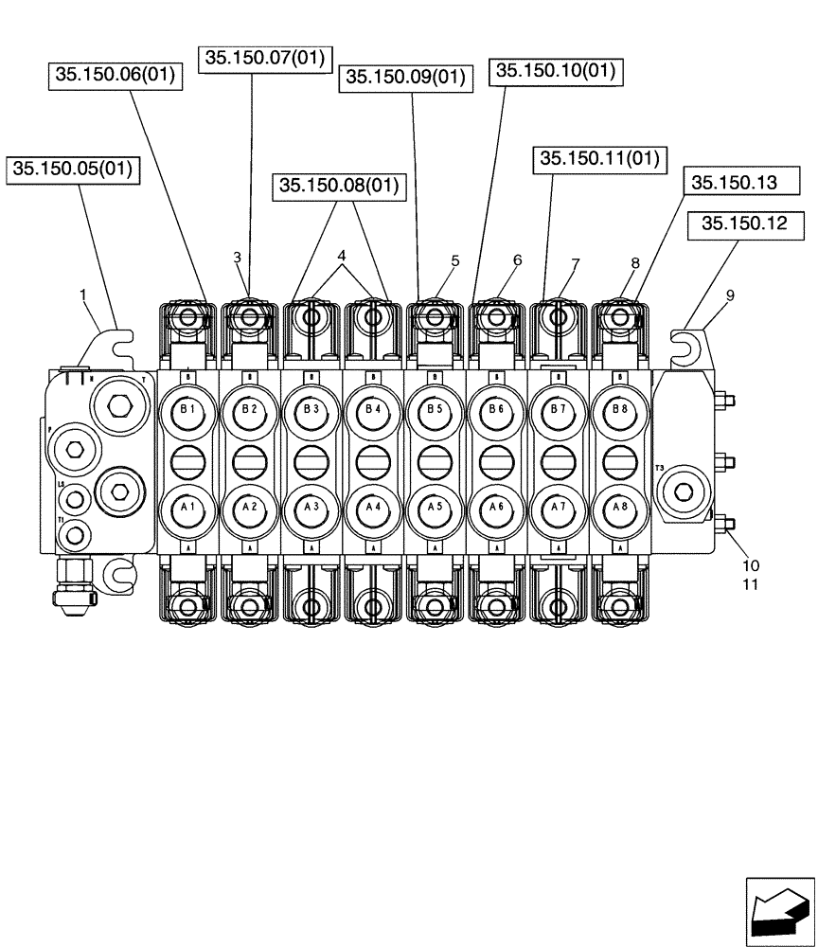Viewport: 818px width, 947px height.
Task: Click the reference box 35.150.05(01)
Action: (x=73, y=170)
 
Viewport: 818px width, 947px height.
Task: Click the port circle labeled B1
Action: (x=187, y=411)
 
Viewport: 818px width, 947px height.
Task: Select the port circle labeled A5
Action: (x=435, y=508)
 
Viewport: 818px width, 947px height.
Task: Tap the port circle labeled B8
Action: (x=620, y=411)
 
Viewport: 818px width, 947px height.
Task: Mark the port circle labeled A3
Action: (x=311, y=508)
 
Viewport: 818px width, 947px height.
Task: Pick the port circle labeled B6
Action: (x=496, y=411)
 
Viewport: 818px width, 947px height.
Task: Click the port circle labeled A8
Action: (x=620, y=508)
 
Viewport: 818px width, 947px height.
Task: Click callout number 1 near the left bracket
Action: (x=83, y=295)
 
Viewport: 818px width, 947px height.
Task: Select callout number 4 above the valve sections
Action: (x=342, y=256)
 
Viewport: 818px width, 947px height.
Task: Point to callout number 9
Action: (x=730, y=295)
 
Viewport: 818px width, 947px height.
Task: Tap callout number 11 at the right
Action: (x=750, y=584)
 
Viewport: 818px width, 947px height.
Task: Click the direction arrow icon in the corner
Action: (x=779, y=911)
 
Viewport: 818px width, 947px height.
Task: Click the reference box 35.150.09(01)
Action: (x=405, y=78)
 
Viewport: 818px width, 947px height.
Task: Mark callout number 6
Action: (x=518, y=259)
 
